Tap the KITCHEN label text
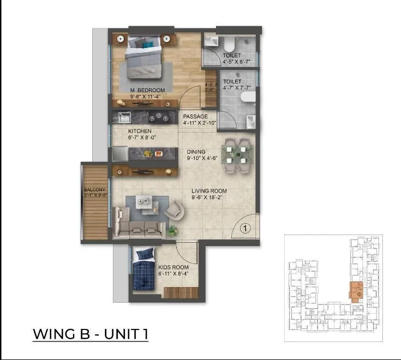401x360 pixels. point(140,131)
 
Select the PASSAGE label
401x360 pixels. point(195,116)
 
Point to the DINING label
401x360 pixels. point(196,152)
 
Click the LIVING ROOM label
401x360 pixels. point(208,191)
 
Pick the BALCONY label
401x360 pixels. point(94,190)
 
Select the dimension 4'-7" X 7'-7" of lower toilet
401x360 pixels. point(235,88)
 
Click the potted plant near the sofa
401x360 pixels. point(172,230)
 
